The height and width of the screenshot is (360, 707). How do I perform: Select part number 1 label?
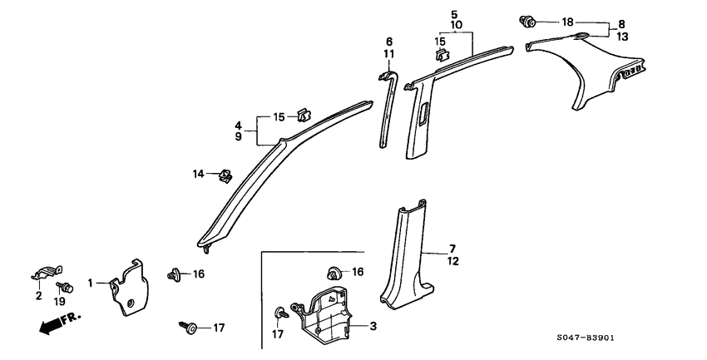(91, 284)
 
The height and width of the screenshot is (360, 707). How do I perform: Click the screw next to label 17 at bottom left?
(187, 328)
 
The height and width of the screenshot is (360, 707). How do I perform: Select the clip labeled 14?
(224, 175)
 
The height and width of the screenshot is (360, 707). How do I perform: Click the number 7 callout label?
(452, 249)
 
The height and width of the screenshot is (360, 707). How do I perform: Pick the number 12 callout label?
(452, 261)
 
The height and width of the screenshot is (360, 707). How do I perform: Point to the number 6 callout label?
(388, 42)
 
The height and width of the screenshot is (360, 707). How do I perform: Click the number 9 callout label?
(238, 136)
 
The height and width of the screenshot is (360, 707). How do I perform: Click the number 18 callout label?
(568, 21)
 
